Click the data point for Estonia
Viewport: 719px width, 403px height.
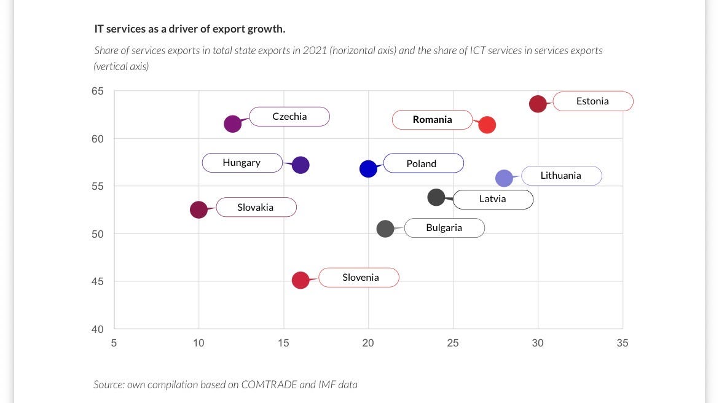point(538,104)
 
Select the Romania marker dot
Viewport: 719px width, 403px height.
point(487,125)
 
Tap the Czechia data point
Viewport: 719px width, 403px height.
point(232,124)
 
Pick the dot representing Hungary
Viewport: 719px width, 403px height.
point(301,165)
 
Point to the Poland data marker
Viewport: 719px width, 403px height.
point(368,169)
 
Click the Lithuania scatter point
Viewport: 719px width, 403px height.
point(504,178)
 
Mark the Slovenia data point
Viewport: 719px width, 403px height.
point(301,280)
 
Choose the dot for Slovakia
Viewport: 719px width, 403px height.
point(198,209)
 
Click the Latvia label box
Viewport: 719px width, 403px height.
point(493,200)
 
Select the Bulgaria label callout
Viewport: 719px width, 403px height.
point(444,228)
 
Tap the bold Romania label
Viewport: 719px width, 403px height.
point(433,120)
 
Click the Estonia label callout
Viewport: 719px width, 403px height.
point(593,101)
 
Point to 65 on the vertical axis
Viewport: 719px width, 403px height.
point(97,92)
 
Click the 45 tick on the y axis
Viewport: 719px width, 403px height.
point(97,281)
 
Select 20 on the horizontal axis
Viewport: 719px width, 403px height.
point(367,343)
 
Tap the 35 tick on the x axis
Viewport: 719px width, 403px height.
point(623,343)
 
